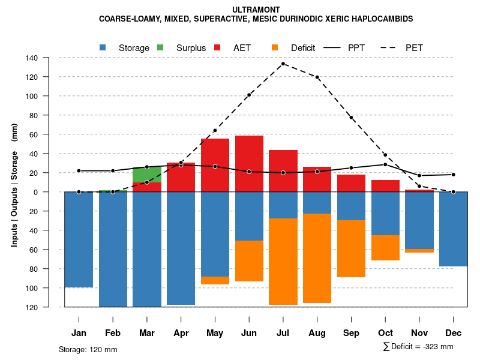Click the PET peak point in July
click(283, 64)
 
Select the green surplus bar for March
click(147, 175)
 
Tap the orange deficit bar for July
click(283, 262)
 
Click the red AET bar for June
click(249, 164)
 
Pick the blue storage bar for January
click(79, 240)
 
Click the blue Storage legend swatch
click(103, 47)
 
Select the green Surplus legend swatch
click(160, 47)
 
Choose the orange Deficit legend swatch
click(275, 47)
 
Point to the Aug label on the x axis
click(317, 333)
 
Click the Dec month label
click(454, 333)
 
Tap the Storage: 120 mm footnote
click(88, 349)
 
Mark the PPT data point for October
click(385, 164)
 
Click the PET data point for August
click(317, 77)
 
